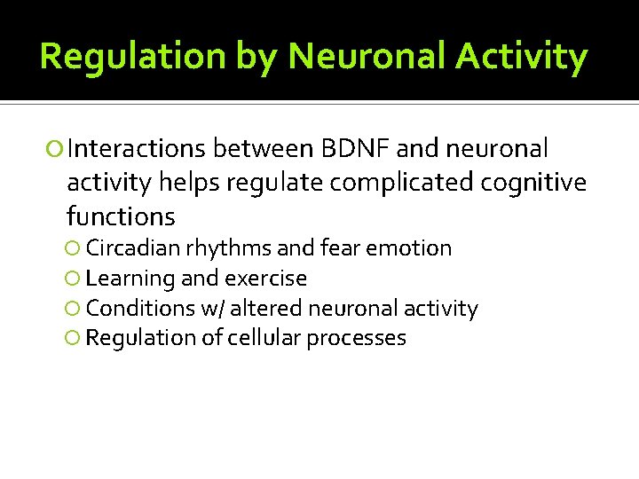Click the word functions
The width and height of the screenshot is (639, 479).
click(x=121, y=216)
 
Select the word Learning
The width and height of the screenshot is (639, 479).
click(x=130, y=279)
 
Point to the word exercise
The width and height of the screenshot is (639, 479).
click(x=265, y=279)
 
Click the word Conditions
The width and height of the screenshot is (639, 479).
click(x=140, y=309)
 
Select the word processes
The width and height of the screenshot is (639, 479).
click(x=356, y=338)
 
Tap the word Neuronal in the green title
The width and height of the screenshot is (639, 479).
click(x=366, y=57)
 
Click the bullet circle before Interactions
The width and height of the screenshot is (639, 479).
click(x=58, y=149)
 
